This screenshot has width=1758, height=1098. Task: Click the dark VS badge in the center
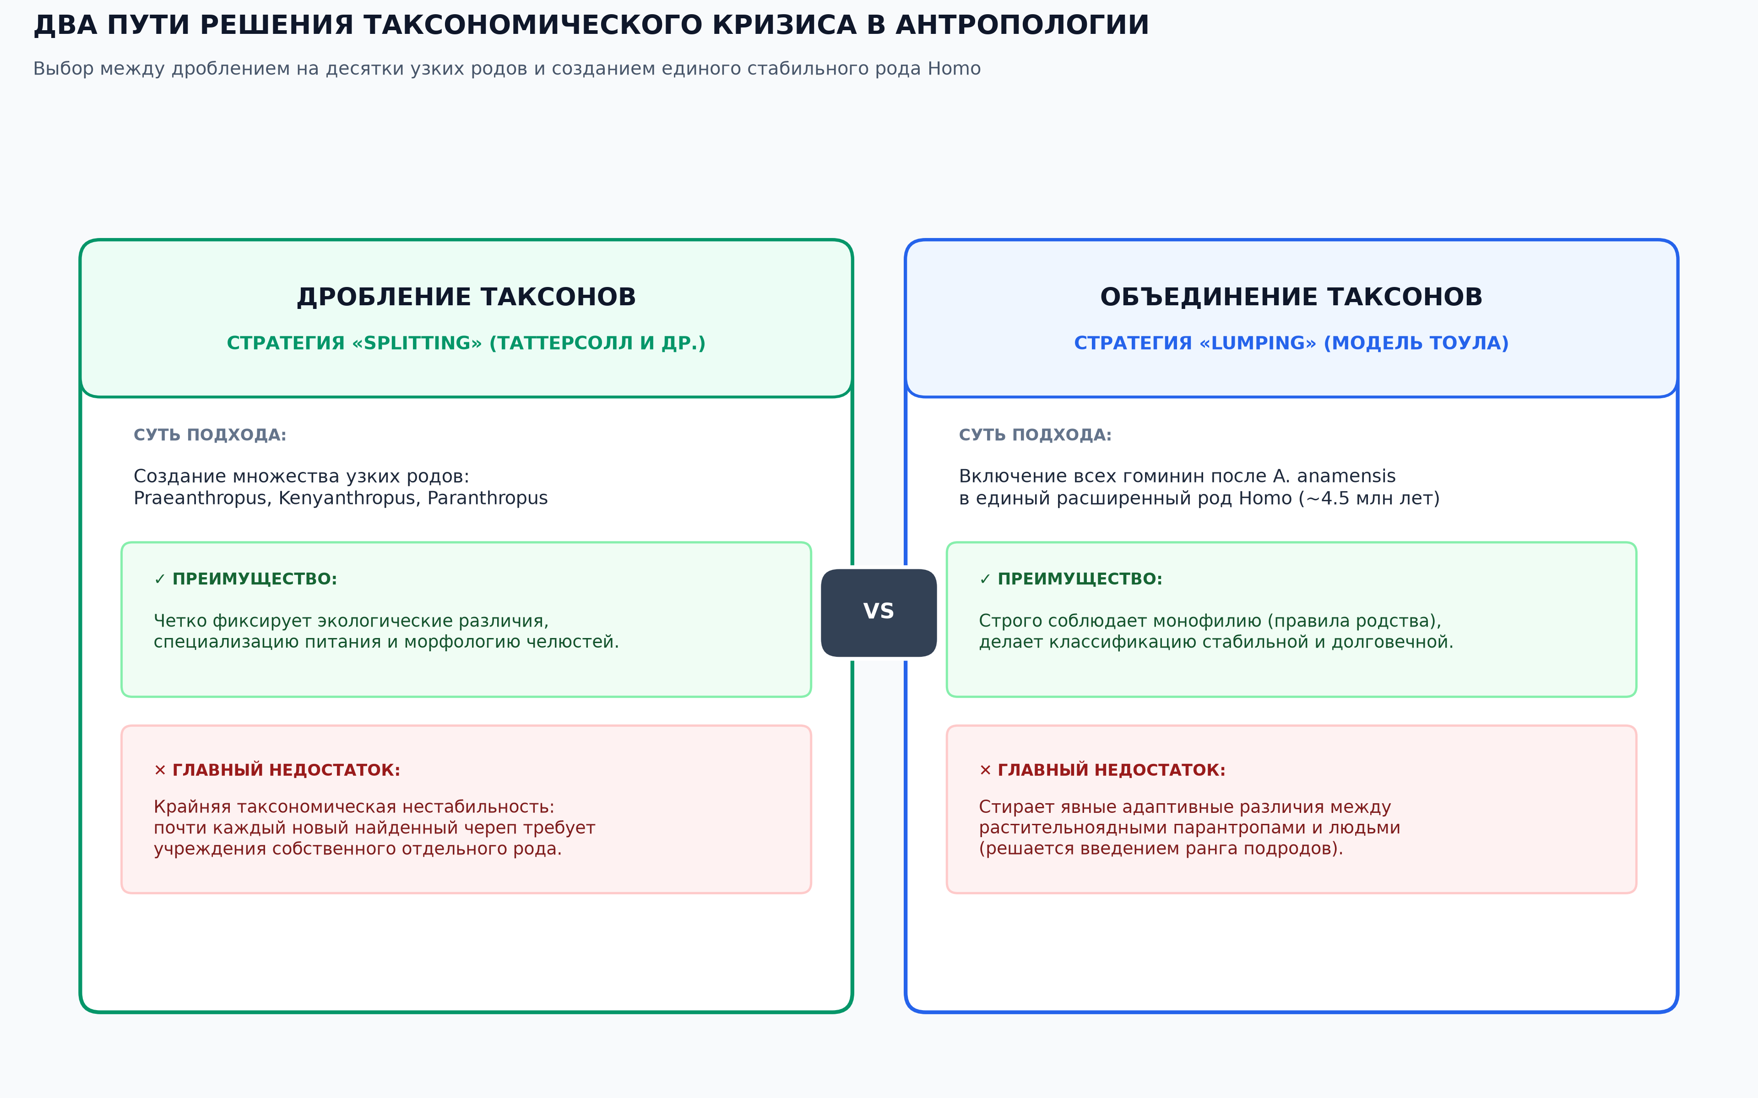coord(879,612)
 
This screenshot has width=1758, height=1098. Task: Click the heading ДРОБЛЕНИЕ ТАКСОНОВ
coord(466,297)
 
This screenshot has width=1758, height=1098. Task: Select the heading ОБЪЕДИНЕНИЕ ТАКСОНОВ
coord(1291,297)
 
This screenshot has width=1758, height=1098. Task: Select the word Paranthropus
coord(487,498)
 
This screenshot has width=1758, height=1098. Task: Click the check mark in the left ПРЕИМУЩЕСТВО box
coord(160,579)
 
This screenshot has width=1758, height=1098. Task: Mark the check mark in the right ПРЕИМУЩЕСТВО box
coord(985,579)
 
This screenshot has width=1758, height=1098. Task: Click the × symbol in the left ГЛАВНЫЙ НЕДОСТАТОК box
coord(160,770)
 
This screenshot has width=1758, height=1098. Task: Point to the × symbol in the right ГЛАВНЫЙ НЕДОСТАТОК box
coord(985,770)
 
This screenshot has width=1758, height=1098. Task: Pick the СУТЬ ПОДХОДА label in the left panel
coord(210,435)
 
